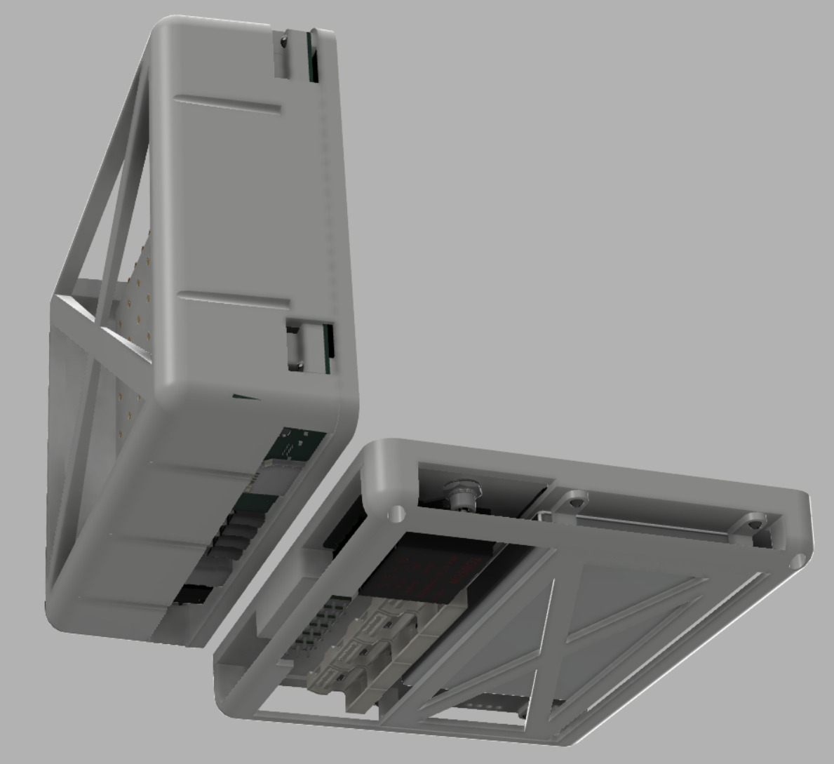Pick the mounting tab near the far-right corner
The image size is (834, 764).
click(753, 522)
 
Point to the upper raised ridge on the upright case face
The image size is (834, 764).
click(229, 105)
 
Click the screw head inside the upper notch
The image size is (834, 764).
click(283, 43)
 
